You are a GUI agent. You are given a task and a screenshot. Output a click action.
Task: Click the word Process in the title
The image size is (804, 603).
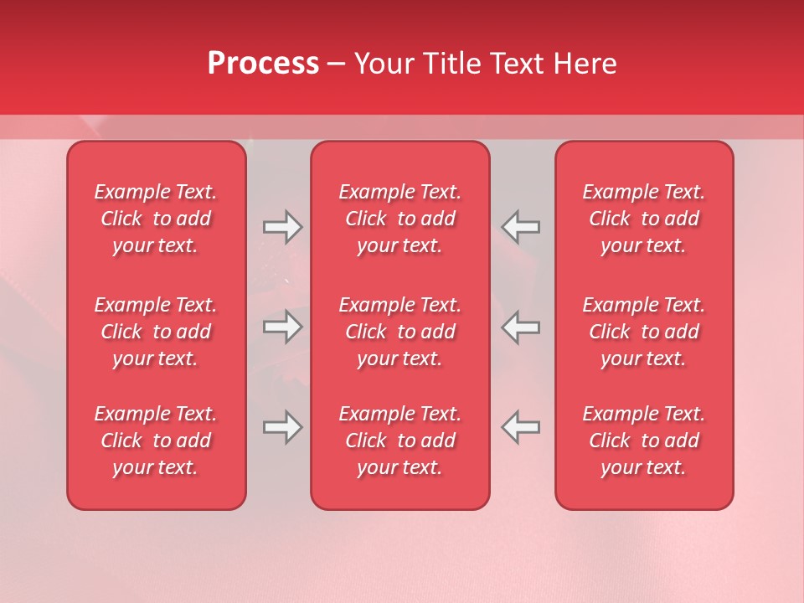(x=263, y=64)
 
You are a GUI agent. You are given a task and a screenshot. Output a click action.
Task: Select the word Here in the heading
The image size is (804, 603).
(x=585, y=64)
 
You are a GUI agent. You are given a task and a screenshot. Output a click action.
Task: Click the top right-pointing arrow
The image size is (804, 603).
(x=282, y=227)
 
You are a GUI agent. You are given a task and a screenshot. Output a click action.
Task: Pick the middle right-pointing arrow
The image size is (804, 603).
(x=282, y=327)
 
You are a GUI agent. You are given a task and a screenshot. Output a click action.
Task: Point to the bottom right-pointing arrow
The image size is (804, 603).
(x=282, y=427)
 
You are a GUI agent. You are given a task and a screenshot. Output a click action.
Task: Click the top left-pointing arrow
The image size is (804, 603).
(x=521, y=227)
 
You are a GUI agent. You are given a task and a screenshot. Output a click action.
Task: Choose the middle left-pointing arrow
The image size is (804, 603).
(x=521, y=327)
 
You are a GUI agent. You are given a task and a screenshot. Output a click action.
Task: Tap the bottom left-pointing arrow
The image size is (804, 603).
(x=521, y=427)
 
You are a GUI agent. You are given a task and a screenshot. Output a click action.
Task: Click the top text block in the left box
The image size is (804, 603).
(x=156, y=219)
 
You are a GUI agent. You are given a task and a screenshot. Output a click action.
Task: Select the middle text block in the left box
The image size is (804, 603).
(x=156, y=332)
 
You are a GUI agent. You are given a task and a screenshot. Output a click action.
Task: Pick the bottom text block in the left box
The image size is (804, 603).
(x=156, y=441)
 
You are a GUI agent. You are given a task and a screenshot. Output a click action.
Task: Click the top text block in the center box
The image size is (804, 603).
(x=400, y=219)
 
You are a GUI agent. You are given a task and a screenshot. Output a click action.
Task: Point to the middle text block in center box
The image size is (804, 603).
(x=400, y=332)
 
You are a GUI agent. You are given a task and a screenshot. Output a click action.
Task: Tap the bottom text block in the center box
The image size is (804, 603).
(x=400, y=441)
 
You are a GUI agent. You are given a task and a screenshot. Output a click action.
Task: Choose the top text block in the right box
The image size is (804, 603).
(x=644, y=219)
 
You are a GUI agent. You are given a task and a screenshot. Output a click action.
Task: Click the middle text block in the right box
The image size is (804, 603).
(x=644, y=332)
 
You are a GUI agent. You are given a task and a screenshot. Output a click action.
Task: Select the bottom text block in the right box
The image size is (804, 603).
(x=644, y=441)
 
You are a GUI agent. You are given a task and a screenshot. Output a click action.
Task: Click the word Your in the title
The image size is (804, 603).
(x=383, y=64)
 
